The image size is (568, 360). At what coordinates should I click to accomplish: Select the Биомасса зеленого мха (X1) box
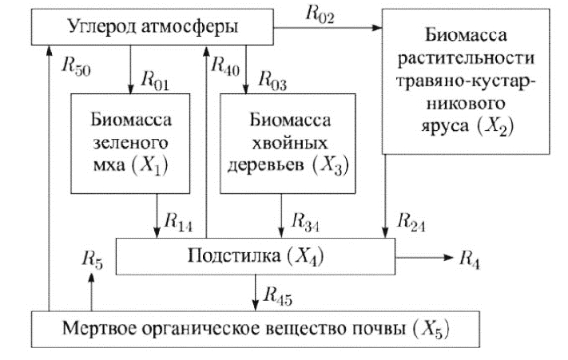(x=131, y=144)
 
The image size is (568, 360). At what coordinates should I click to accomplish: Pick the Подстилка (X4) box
(x=256, y=257)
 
